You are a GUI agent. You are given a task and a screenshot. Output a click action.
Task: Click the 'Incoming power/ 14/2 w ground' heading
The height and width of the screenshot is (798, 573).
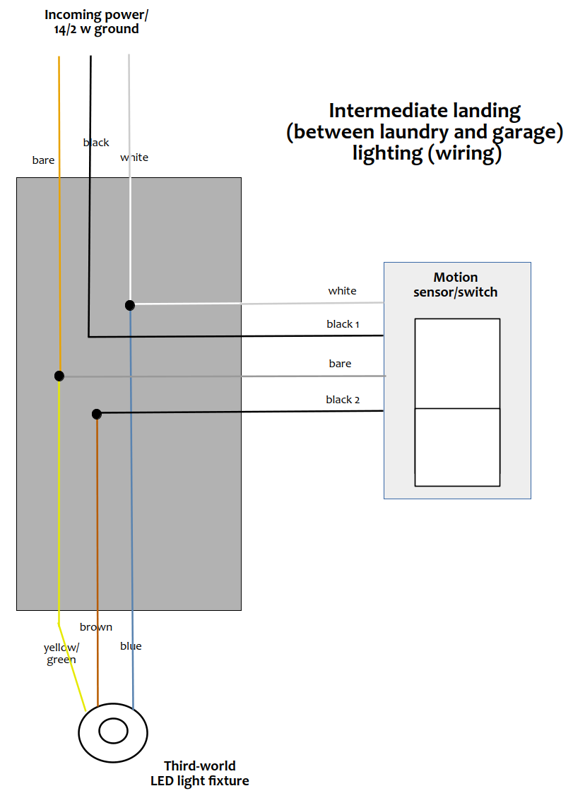[x=96, y=22]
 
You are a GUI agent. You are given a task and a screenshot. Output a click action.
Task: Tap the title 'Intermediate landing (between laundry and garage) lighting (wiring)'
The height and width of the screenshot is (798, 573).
[x=425, y=132]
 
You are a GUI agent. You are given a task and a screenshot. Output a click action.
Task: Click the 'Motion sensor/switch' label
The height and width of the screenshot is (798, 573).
[x=455, y=285]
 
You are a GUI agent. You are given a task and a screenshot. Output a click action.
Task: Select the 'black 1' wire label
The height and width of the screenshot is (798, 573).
[x=343, y=323]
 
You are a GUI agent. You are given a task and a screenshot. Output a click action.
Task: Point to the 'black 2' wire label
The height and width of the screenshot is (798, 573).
[x=343, y=400]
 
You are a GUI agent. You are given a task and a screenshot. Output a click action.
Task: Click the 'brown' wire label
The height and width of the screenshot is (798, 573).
[x=96, y=627]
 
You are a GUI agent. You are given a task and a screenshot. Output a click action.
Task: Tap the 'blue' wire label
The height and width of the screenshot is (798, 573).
[x=131, y=646]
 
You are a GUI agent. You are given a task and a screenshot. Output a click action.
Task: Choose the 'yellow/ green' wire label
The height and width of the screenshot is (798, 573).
[x=61, y=653]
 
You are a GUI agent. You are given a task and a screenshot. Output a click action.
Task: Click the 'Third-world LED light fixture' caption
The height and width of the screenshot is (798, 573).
[x=200, y=773]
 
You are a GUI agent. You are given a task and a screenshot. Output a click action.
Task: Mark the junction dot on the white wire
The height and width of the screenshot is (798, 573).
[x=130, y=305]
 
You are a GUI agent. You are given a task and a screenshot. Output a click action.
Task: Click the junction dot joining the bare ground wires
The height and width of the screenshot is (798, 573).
[x=59, y=376]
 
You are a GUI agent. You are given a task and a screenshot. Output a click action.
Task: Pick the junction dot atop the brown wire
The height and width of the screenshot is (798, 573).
[x=97, y=415]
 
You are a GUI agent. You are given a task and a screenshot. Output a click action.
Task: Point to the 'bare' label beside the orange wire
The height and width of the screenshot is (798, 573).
[x=43, y=160]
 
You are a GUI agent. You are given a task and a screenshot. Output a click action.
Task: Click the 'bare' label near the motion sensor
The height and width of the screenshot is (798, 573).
[x=341, y=364]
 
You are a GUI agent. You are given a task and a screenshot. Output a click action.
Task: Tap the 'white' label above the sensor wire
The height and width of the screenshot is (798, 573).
[x=342, y=290]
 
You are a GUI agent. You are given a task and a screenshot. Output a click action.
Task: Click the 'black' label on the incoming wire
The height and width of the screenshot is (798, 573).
[x=96, y=143]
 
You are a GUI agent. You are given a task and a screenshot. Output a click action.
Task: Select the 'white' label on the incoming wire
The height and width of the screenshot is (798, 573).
[x=134, y=157]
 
